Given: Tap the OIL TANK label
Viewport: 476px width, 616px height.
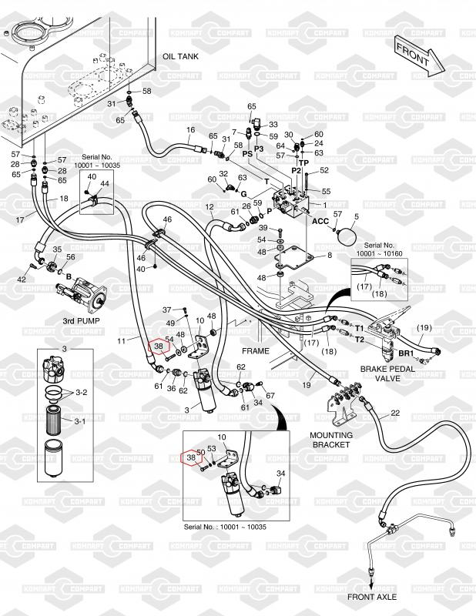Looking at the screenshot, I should click(180, 58).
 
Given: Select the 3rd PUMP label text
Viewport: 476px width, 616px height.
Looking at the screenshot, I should click(83, 319).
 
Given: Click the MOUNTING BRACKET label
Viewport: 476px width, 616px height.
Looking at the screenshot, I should click(331, 440).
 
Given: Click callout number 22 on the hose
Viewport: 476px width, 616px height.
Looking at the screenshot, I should click(395, 413).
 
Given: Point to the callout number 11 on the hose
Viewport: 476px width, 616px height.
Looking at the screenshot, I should click(120, 340).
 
